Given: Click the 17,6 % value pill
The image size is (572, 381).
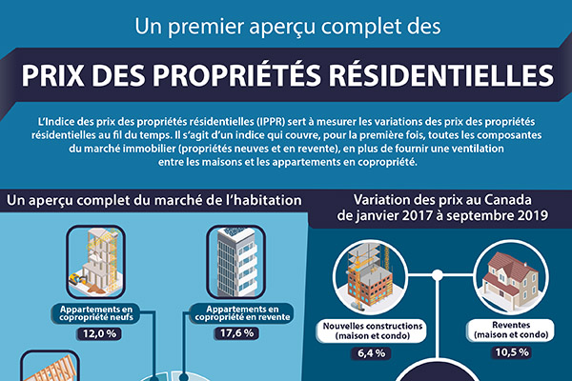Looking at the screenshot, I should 234,335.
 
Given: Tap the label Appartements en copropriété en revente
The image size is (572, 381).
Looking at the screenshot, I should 234,316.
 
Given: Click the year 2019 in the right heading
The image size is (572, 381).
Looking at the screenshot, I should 526,215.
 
